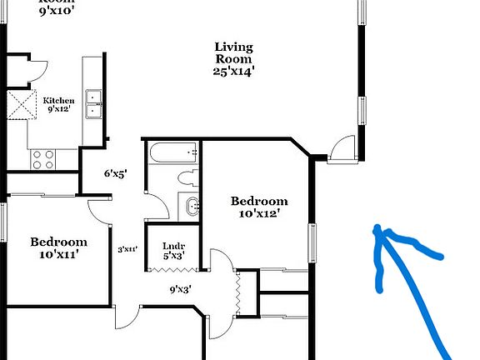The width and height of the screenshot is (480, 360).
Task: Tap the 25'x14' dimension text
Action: click(x=233, y=72)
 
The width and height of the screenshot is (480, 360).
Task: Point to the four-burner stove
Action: click(x=42, y=158)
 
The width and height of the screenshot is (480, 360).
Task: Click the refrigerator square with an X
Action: click(x=19, y=105)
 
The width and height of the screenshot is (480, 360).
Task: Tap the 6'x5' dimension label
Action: click(x=115, y=174)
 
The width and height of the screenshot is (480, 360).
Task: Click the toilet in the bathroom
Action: click(x=187, y=177)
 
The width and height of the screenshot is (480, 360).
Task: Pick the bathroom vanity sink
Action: click(x=191, y=205)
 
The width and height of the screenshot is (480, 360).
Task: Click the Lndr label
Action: click(x=173, y=245)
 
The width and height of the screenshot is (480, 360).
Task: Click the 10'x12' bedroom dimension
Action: click(x=259, y=213)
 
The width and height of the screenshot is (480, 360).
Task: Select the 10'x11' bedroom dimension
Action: click(x=59, y=254)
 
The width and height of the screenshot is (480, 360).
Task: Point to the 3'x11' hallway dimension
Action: click(x=127, y=248)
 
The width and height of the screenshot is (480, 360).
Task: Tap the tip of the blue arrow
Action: click(x=377, y=228)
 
